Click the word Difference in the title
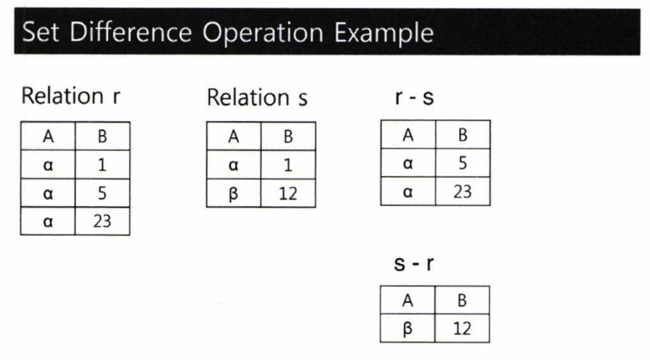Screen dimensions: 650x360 [x=131, y=32]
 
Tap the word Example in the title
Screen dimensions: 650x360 [x=384, y=33]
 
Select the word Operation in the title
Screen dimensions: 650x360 [x=263, y=33]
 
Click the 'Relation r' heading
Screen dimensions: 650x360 [x=70, y=96]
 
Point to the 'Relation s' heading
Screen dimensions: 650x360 [x=257, y=98]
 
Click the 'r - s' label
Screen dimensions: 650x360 [x=414, y=97]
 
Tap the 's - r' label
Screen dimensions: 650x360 [x=414, y=263]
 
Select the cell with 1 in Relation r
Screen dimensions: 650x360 [x=102, y=165]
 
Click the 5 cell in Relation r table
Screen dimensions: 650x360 [x=102, y=193]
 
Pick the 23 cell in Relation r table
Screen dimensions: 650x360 [x=102, y=221]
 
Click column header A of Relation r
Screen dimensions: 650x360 [x=48, y=136]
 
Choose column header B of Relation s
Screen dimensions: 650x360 [x=288, y=136]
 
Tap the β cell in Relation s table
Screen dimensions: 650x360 [x=234, y=194]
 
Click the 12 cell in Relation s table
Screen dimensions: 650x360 [x=288, y=194]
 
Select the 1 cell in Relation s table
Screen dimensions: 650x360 [x=288, y=165]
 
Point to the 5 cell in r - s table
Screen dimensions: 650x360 [x=463, y=163]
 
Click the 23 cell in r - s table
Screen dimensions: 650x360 [x=463, y=191]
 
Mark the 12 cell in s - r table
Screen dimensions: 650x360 [x=462, y=328]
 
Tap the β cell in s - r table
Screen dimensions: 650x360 [x=408, y=328]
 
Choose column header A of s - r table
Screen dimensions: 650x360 [x=408, y=301]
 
